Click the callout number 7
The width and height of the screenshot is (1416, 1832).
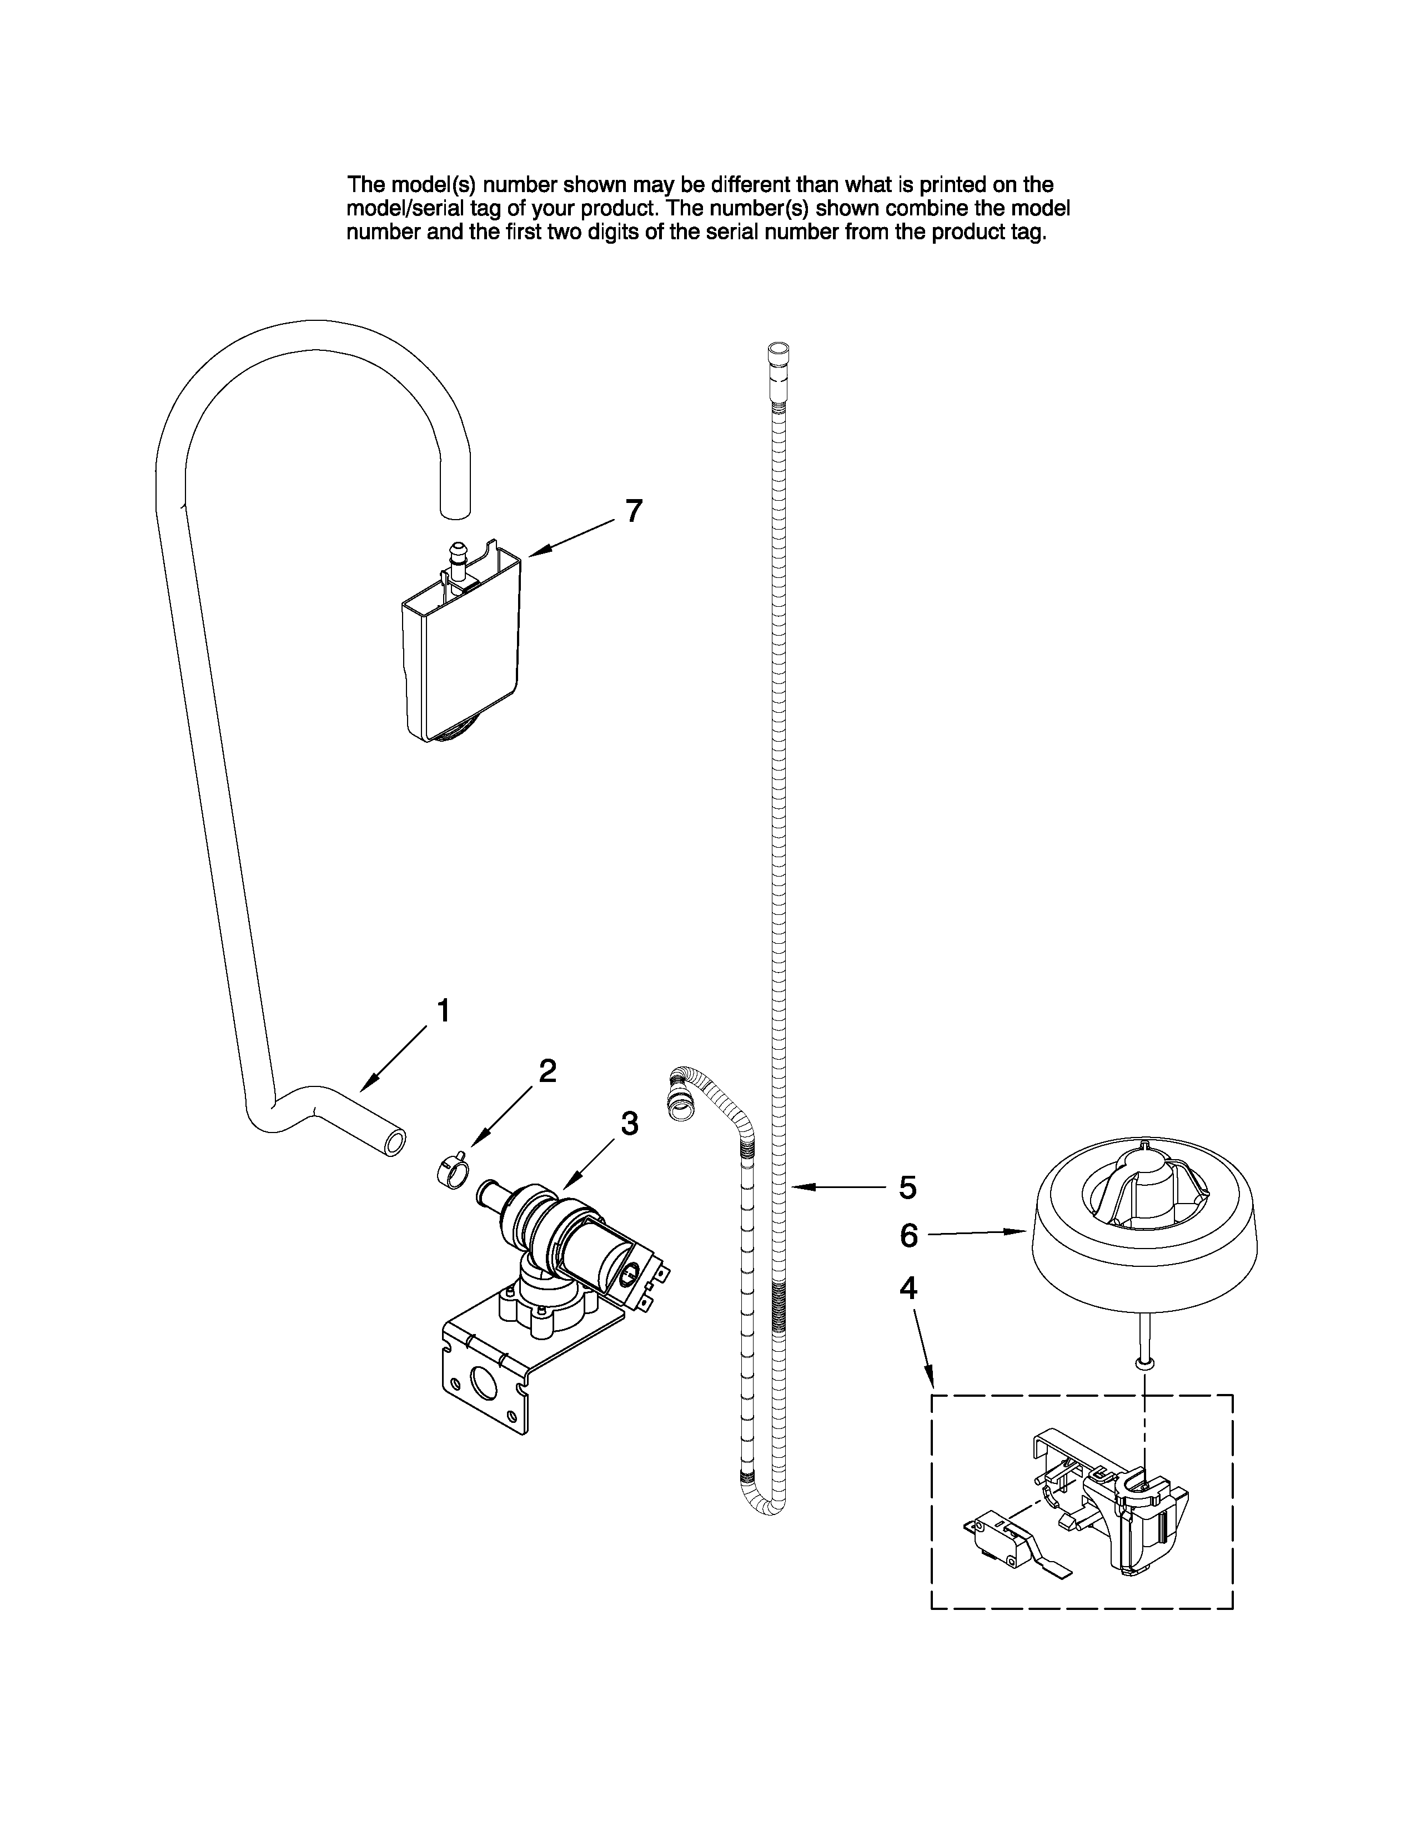[x=634, y=510]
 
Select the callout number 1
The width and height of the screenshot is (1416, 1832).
[x=444, y=1011]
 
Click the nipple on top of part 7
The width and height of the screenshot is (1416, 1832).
[x=458, y=555]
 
